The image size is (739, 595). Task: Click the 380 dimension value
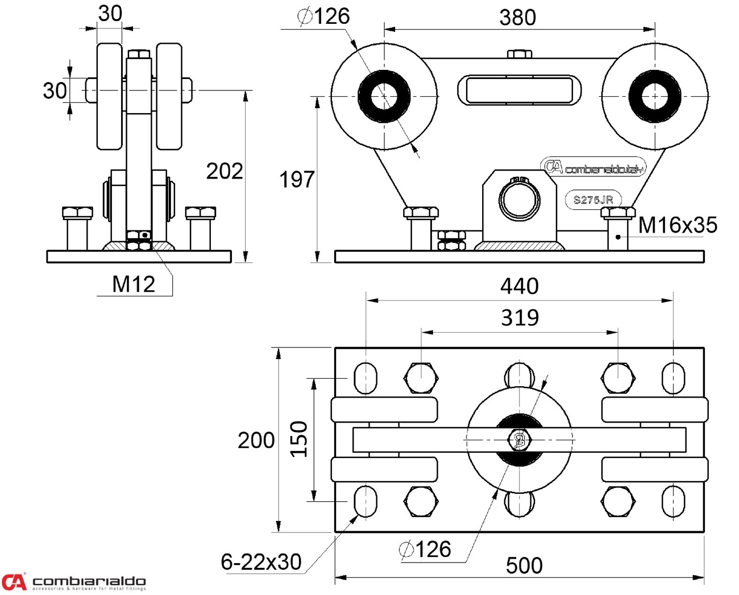517,18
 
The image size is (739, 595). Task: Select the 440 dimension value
519,286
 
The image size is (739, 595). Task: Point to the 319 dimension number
520,317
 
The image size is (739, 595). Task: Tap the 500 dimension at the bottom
524,565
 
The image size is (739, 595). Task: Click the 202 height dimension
224,171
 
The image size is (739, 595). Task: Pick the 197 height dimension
296,180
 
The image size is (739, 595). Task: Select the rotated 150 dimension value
299,439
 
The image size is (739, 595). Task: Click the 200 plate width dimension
256,440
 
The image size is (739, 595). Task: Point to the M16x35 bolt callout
677,225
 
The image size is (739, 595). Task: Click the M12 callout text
134,284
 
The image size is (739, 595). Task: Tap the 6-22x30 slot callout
261,562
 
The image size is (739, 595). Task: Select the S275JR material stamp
593,200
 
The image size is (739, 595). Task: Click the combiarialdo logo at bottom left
74,582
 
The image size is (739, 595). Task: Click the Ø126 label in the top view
323,16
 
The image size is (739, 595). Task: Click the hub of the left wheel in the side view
384,96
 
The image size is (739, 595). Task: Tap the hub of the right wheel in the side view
654,96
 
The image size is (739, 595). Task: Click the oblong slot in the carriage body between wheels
519,90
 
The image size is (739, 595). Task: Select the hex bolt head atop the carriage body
519,54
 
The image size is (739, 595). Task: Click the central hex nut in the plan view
519,440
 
